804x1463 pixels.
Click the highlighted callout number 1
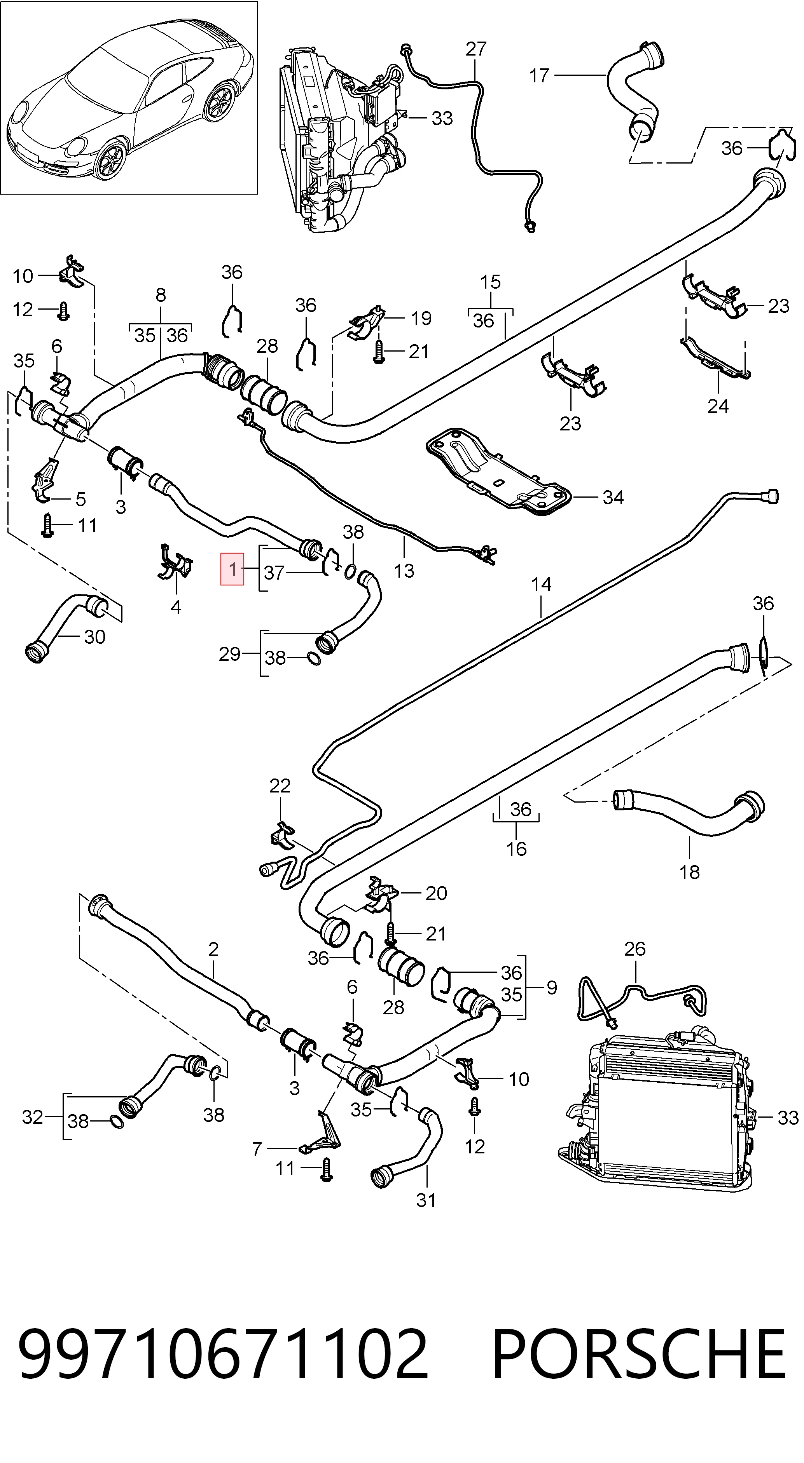point(232,568)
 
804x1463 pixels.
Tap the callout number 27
point(476,49)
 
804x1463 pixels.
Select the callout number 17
point(539,75)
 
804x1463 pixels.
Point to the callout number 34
point(613,498)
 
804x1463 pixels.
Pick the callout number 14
point(542,584)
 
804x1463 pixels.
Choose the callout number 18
point(689,872)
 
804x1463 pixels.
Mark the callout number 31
point(426,1200)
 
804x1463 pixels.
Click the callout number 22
point(280,785)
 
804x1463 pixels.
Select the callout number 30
point(95,637)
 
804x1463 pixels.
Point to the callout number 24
point(718,406)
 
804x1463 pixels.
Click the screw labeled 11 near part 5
point(48,525)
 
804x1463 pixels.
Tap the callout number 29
point(229,654)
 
